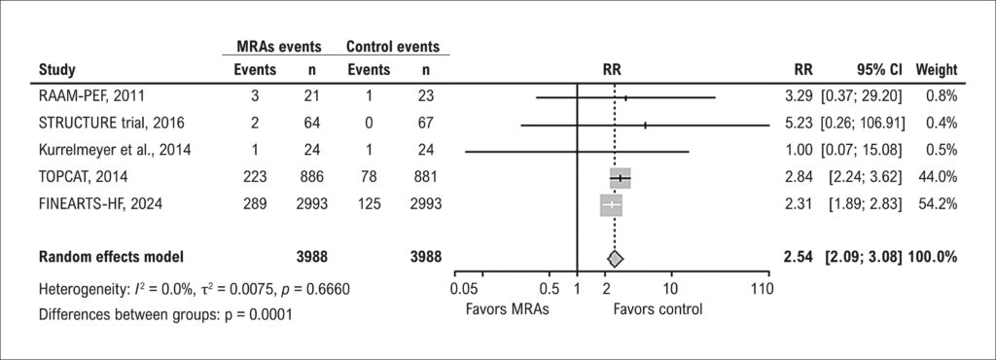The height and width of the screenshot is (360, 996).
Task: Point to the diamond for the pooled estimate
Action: (x=615, y=258)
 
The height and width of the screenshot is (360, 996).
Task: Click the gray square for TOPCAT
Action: (x=620, y=178)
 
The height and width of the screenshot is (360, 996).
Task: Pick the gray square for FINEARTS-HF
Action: (x=611, y=205)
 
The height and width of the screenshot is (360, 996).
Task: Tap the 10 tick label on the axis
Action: (x=669, y=290)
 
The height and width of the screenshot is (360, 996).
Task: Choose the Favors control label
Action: (x=658, y=309)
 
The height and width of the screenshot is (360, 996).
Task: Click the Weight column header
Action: (x=936, y=69)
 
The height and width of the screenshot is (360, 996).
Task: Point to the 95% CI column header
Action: (x=876, y=69)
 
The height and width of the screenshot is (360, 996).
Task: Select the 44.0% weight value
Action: (x=941, y=178)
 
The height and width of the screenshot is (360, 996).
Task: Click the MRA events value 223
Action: (x=257, y=178)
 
